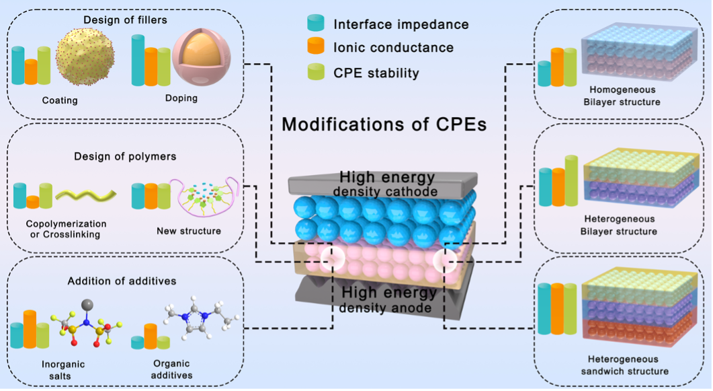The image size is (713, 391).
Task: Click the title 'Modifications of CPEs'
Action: pos(384,125)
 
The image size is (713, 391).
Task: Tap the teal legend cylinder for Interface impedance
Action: pos(315,25)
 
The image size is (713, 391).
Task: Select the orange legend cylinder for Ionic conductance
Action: pos(315,48)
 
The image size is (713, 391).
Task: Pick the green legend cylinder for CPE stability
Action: pos(315,71)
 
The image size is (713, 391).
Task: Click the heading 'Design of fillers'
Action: pos(125,20)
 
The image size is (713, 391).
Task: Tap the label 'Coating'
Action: pos(59,101)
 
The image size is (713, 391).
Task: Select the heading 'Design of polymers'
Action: pos(125,156)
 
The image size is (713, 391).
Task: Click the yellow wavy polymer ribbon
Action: pos(83,196)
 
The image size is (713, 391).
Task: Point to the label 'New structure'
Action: pos(188,232)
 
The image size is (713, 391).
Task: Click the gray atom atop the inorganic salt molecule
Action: pos(85,305)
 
